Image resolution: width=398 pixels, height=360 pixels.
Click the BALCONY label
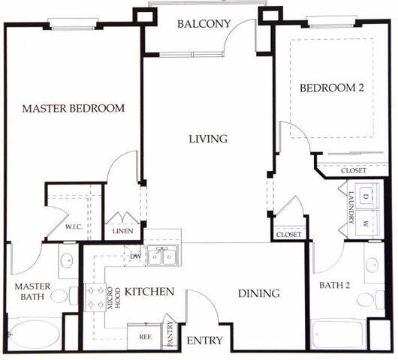(204, 24)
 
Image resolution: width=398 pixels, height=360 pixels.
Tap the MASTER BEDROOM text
(74, 109)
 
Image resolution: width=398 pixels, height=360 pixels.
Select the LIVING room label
(208, 139)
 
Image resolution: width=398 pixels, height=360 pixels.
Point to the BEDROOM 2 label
(332, 88)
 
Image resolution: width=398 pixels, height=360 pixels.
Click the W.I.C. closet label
(74, 226)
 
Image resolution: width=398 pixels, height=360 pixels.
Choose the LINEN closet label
(123, 231)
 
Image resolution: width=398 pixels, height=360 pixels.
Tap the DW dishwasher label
(135, 256)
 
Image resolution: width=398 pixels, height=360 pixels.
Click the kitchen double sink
(162, 256)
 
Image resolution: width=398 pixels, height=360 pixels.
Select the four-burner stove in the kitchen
(95, 297)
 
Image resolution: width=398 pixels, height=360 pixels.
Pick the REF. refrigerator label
(146, 337)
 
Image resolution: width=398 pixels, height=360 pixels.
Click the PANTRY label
(170, 334)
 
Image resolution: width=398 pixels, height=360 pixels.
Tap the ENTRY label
(204, 340)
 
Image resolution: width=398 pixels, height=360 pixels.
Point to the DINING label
(259, 293)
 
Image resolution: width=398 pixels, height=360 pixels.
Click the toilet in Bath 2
(370, 299)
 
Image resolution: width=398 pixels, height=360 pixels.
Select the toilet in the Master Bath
(65, 295)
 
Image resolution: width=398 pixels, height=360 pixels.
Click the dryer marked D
(366, 196)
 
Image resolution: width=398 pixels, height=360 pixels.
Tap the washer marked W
(366, 223)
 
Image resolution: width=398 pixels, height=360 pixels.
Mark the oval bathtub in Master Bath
(35, 334)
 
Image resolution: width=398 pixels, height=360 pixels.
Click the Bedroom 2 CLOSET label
(354, 170)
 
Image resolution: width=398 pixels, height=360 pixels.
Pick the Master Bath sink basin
(67, 260)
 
